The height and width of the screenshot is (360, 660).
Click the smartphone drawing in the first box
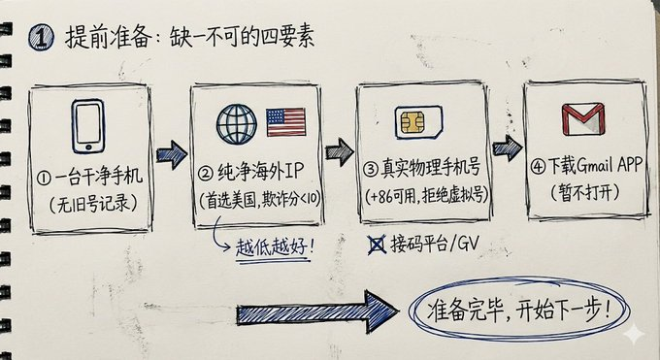click(88, 126)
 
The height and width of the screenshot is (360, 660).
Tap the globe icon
click(237, 124)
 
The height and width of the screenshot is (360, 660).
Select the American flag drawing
click(286, 122)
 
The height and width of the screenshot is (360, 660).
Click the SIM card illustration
click(418, 122)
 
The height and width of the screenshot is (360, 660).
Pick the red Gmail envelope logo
click(583, 119)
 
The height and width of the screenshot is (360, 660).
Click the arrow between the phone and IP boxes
click(172, 154)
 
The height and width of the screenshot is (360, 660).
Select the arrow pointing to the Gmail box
click(508, 147)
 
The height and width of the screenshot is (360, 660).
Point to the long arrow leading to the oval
click(316, 311)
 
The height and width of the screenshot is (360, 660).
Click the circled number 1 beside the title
click(41, 38)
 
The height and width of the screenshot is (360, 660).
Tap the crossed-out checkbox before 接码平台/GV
click(377, 245)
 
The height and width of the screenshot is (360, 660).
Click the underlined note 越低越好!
click(275, 247)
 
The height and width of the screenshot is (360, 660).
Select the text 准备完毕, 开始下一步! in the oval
click(518, 311)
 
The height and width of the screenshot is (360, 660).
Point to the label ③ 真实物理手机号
click(422, 168)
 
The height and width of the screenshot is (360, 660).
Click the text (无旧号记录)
click(93, 204)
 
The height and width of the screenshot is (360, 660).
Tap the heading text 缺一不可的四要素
click(242, 38)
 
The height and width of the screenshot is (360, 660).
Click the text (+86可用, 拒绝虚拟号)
click(426, 195)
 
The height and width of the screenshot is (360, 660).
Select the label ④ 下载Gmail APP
click(586, 165)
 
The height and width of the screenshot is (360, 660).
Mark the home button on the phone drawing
click(88, 147)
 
